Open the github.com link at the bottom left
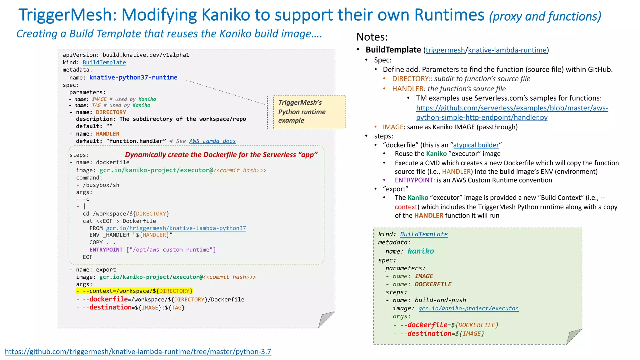coord(138,352)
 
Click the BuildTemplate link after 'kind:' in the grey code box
coord(104,62)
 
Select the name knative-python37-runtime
coord(133,77)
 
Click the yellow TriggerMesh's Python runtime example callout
coord(309,112)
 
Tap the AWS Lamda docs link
coord(212,141)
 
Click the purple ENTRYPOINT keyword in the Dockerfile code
coord(106,250)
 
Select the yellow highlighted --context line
coord(134,291)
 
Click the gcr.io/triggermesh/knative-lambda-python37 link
coord(176,228)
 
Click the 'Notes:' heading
coord(372,37)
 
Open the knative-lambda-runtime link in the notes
coord(507,50)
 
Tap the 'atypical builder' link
coord(476,145)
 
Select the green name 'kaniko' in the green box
coord(421,251)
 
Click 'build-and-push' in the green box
coord(440,300)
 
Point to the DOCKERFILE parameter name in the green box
coord(433,284)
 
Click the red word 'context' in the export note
coord(406,207)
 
